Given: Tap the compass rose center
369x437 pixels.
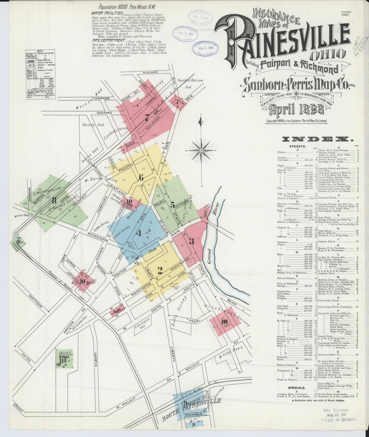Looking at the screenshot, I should pos(202,151).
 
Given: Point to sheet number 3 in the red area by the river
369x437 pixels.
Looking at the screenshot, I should pos(192,241).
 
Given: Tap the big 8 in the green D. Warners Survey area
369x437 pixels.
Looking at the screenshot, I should pos(54,201).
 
